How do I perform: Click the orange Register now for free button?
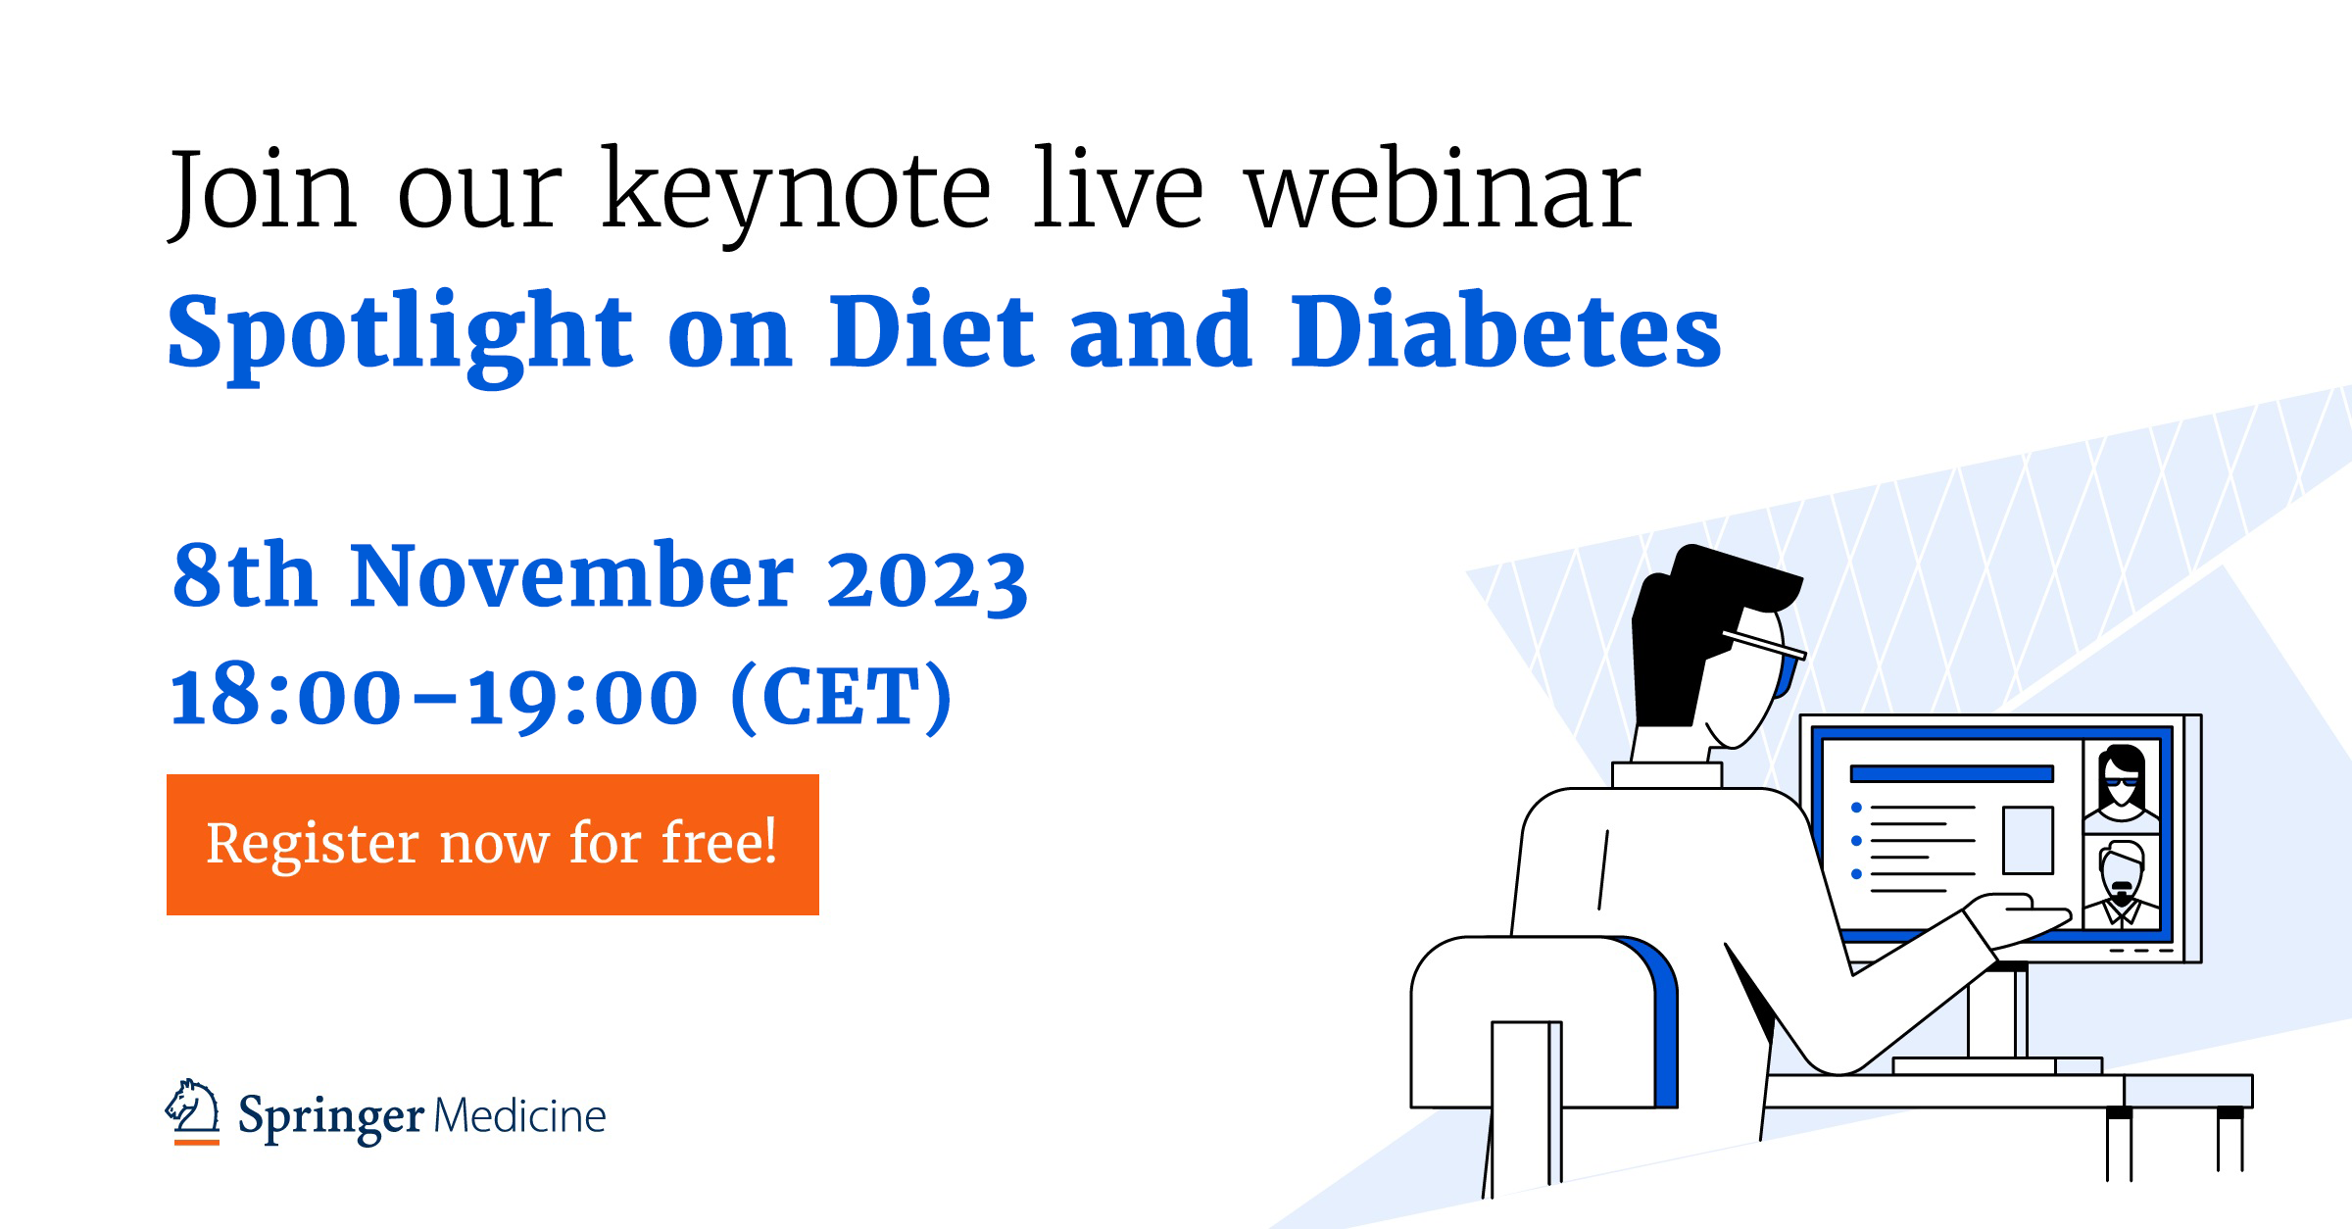pyautogui.click(x=492, y=844)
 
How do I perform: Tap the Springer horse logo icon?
pyautogui.click(x=193, y=1111)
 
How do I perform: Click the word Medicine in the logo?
pyautogui.click(x=519, y=1116)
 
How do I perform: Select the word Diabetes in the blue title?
pyautogui.click(x=1505, y=333)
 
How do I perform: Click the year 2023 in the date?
pyautogui.click(x=926, y=579)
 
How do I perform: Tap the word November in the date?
pyautogui.click(x=571, y=577)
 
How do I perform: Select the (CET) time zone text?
pyautogui.click(x=842, y=697)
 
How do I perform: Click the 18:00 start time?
pyautogui.click(x=285, y=697)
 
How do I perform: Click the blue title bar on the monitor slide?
pyautogui.click(x=1950, y=774)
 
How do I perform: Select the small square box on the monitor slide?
pyautogui.click(x=2028, y=839)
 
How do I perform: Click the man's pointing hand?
pyautogui.click(x=2019, y=917)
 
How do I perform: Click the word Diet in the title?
pyautogui.click(x=931, y=333)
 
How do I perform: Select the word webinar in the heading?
pyautogui.click(x=1442, y=191)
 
